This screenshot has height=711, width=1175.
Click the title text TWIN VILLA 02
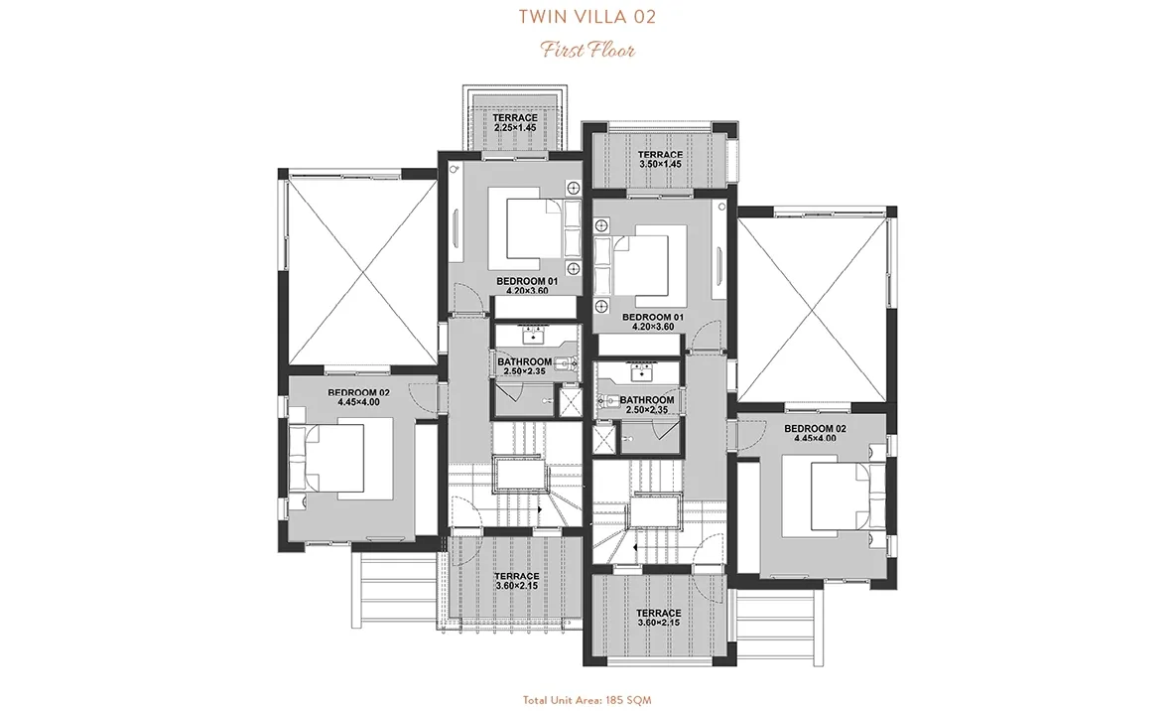click(x=587, y=17)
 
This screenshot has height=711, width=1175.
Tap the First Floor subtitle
click(x=588, y=51)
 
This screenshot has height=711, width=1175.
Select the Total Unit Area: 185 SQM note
click(x=587, y=700)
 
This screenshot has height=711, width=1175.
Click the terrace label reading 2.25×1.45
click(x=515, y=127)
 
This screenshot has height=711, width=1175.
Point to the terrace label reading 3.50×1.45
click(x=660, y=164)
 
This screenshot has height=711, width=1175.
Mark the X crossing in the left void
click(x=361, y=270)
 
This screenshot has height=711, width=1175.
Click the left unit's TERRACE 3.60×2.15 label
click(x=517, y=581)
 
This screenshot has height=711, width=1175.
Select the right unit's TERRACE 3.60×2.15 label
click(x=659, y=618)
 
